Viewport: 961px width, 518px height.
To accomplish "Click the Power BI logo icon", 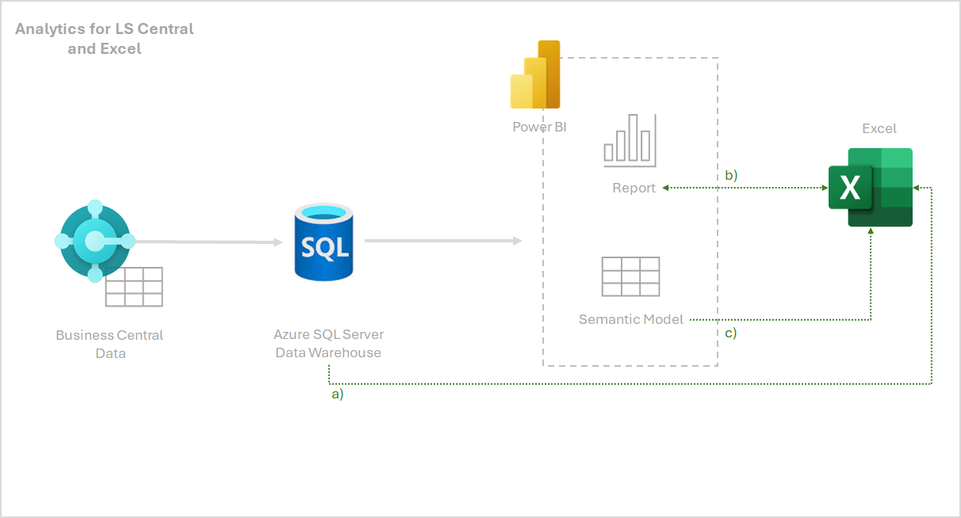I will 535,74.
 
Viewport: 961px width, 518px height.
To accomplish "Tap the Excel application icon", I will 871,187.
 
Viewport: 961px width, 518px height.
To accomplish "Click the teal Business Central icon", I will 95,241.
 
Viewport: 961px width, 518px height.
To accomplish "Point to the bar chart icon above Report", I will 630,140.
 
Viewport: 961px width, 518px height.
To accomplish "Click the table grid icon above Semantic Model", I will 630,276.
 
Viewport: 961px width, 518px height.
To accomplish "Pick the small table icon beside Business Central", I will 134,287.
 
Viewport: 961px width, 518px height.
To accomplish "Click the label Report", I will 634,188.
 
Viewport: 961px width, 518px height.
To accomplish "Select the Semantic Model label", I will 631,320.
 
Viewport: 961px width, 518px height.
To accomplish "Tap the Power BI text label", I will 539,127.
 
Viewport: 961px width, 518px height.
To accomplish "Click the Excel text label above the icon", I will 879,128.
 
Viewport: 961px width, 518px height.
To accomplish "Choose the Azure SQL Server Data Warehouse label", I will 328,344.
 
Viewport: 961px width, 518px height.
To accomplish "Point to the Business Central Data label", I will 109,344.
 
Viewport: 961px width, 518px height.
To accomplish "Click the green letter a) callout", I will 337,394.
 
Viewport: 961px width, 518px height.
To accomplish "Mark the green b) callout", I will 731,175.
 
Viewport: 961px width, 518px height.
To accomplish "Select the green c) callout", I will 731,333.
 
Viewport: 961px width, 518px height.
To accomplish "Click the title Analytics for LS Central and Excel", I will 105,39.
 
